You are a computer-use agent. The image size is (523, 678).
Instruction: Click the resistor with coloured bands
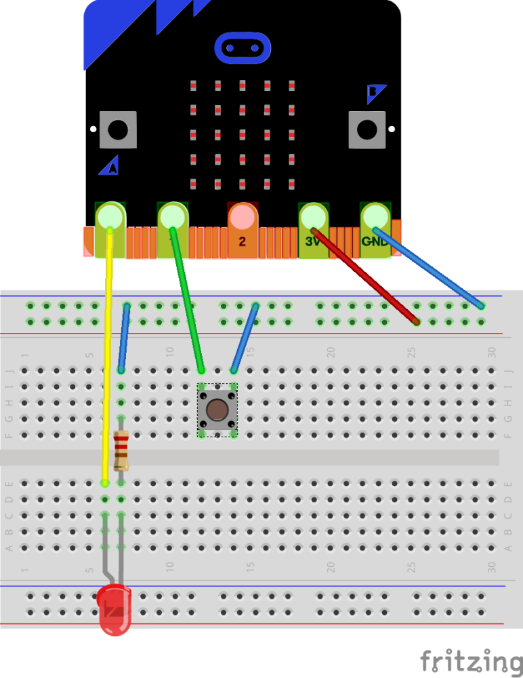pyautogui.click(x=121, y=451)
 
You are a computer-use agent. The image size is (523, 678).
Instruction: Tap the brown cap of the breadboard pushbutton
pyautogui.click(x=217, y=410)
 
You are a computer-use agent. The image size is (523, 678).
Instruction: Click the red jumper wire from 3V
pyautogui.click(x=366, y=277)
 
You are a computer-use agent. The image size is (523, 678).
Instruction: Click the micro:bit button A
pyautogui.click(x=118, y=129)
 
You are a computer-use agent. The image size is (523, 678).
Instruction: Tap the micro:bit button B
pyautogui.click(x=367, y=129)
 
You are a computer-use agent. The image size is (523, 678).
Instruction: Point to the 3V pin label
pyautogui.click(x=312, y=241)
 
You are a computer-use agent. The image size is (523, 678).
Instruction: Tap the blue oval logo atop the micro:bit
pyautogui.click(x=243, y=48)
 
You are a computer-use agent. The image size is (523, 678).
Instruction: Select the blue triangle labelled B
pyautogui.click(x=375, y=92)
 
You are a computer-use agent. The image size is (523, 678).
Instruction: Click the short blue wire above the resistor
pyautogui.click(x=124, y=338)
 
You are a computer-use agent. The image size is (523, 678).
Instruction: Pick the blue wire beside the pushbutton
pyautogui.click(x=245, y=338)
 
